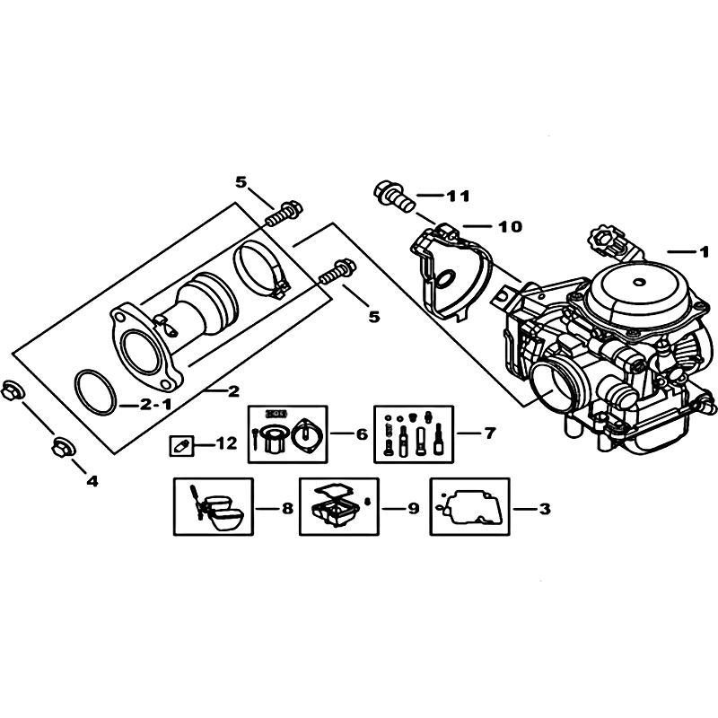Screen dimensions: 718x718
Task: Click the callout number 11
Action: (x=459, y=196)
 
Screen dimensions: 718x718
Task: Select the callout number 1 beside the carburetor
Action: (x=704, y=251)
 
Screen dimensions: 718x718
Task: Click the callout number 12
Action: (x=226, y=443)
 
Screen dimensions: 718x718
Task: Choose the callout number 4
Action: (x=92, y=481)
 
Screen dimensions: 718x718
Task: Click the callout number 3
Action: (x=545, y=508)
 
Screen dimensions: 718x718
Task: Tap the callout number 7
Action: (x=489, y=433)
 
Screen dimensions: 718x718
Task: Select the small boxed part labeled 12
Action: (x=182, y=445)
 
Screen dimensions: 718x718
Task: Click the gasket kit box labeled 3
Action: (x=469, y=506)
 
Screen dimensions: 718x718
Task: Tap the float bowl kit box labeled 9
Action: (x=339, y=506)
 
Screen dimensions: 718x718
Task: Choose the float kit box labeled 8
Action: (x=214, y=506)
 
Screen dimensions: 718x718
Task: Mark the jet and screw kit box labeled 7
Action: (x=414, y=433)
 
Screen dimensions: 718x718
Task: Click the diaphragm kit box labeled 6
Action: (x=287, y=433)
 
